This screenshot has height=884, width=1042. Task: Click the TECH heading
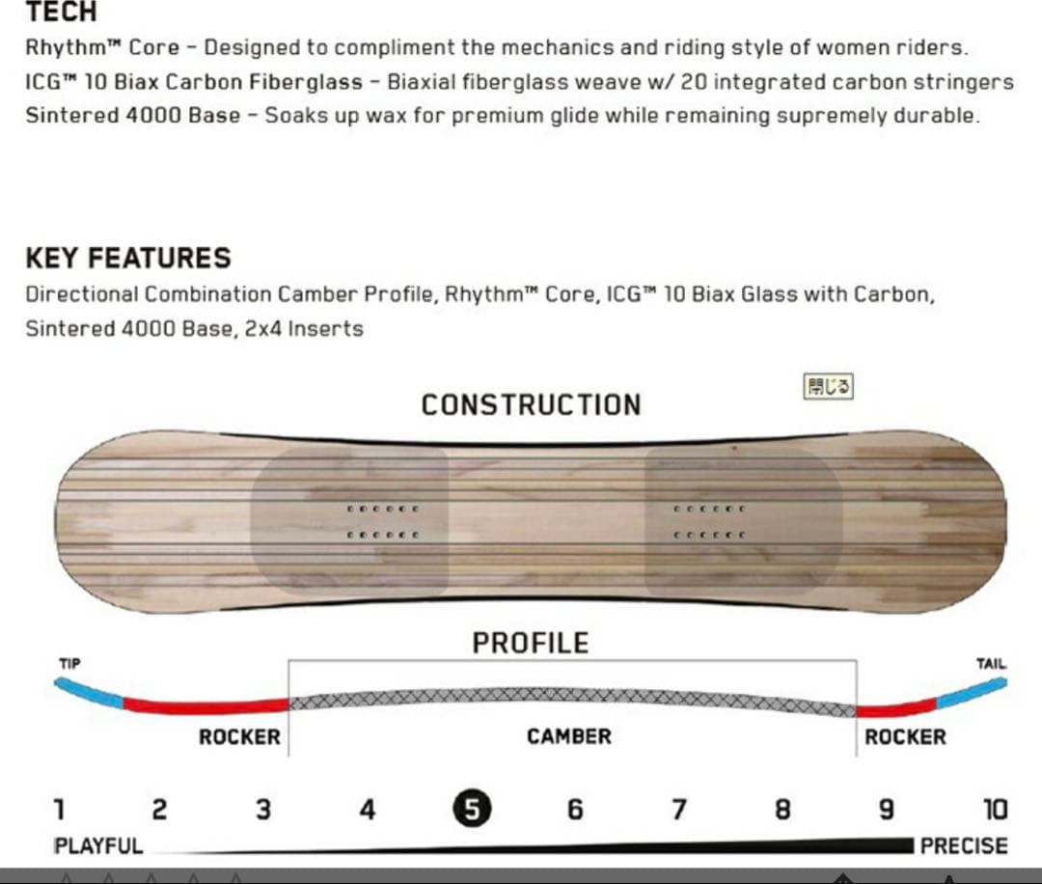pos(61,12)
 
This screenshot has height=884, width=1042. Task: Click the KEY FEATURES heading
pos(128,258)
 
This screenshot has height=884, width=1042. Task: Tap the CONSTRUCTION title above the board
pos(531,404)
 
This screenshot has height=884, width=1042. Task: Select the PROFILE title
pos(531,643)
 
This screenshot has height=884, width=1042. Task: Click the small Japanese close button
pos(828,386)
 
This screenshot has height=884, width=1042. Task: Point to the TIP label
pos(69,663)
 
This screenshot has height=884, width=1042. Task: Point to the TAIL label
pos(991,663)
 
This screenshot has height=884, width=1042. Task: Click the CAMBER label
pos(569,736)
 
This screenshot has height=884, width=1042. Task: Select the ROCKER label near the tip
pos(239,737)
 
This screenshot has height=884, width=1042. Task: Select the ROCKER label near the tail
pos(905,737)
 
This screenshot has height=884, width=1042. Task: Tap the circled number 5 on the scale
pos(472,809)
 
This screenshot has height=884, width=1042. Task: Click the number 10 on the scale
pos(996,810)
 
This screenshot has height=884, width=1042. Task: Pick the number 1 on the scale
pos(60,810)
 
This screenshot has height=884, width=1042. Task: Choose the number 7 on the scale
pos(678,810)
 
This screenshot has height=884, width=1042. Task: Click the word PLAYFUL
pos(98,846)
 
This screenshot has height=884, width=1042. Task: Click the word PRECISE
pos(964,846)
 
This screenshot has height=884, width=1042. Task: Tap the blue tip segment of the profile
pos(88,692)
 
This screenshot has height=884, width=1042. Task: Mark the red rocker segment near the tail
pos(895,709)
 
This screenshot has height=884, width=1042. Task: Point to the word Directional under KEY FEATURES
pos(81,294)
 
